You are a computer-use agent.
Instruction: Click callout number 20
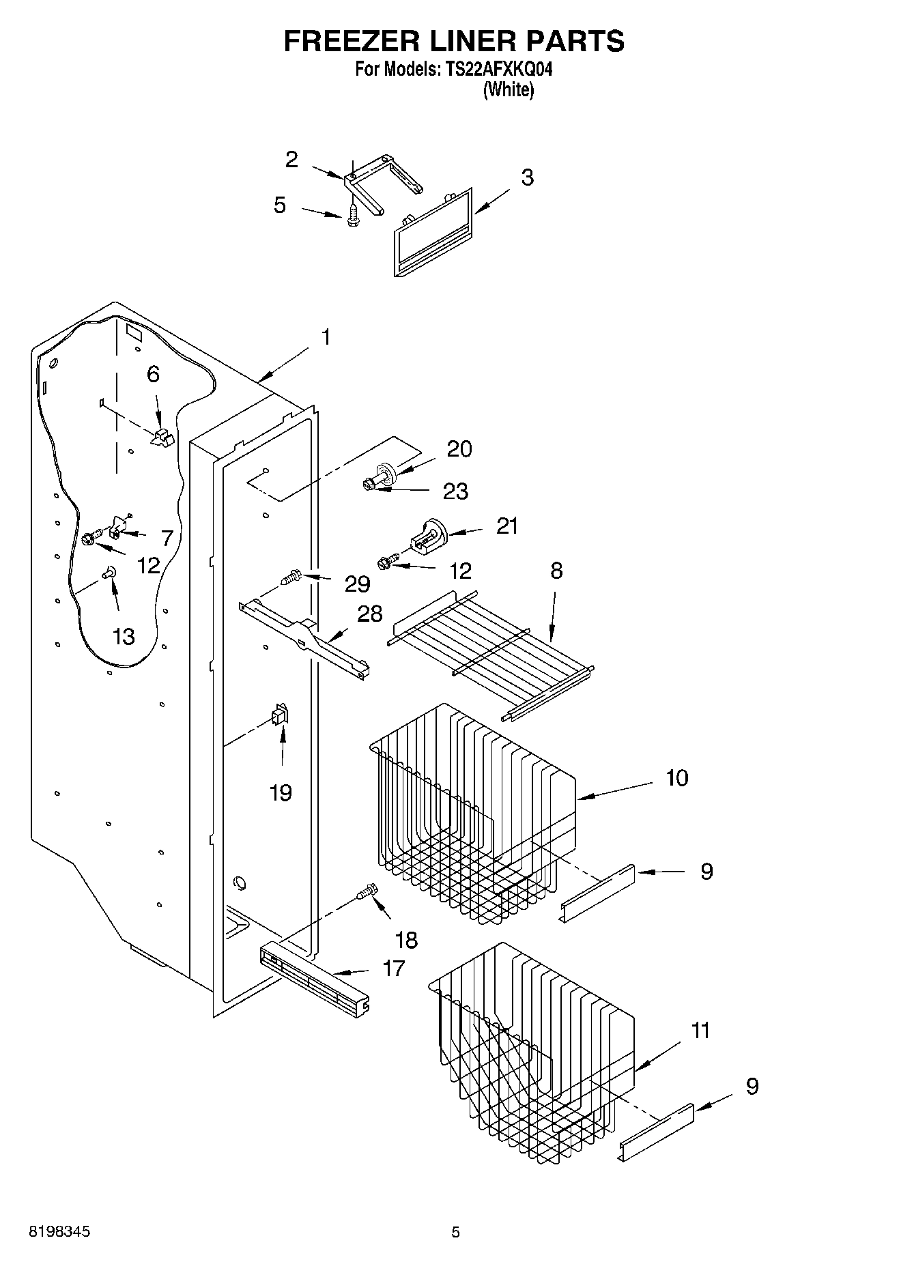tap(459, 449)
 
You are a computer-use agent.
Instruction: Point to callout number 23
tap(455, 491)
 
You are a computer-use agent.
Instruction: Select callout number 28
tap(370, 614)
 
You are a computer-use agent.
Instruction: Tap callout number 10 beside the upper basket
tap(676, 778)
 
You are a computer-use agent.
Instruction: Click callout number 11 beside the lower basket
tap(700, 1030)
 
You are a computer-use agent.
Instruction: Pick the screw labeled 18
tap(366, 891)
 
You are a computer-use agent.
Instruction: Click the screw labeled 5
tap(353, 216)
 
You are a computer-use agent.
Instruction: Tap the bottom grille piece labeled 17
tap(315, 977)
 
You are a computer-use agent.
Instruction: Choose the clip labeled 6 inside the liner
tap(162, 438)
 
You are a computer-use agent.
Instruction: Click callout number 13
tap(124, 637)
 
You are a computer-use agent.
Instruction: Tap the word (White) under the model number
tap(508, 89)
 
